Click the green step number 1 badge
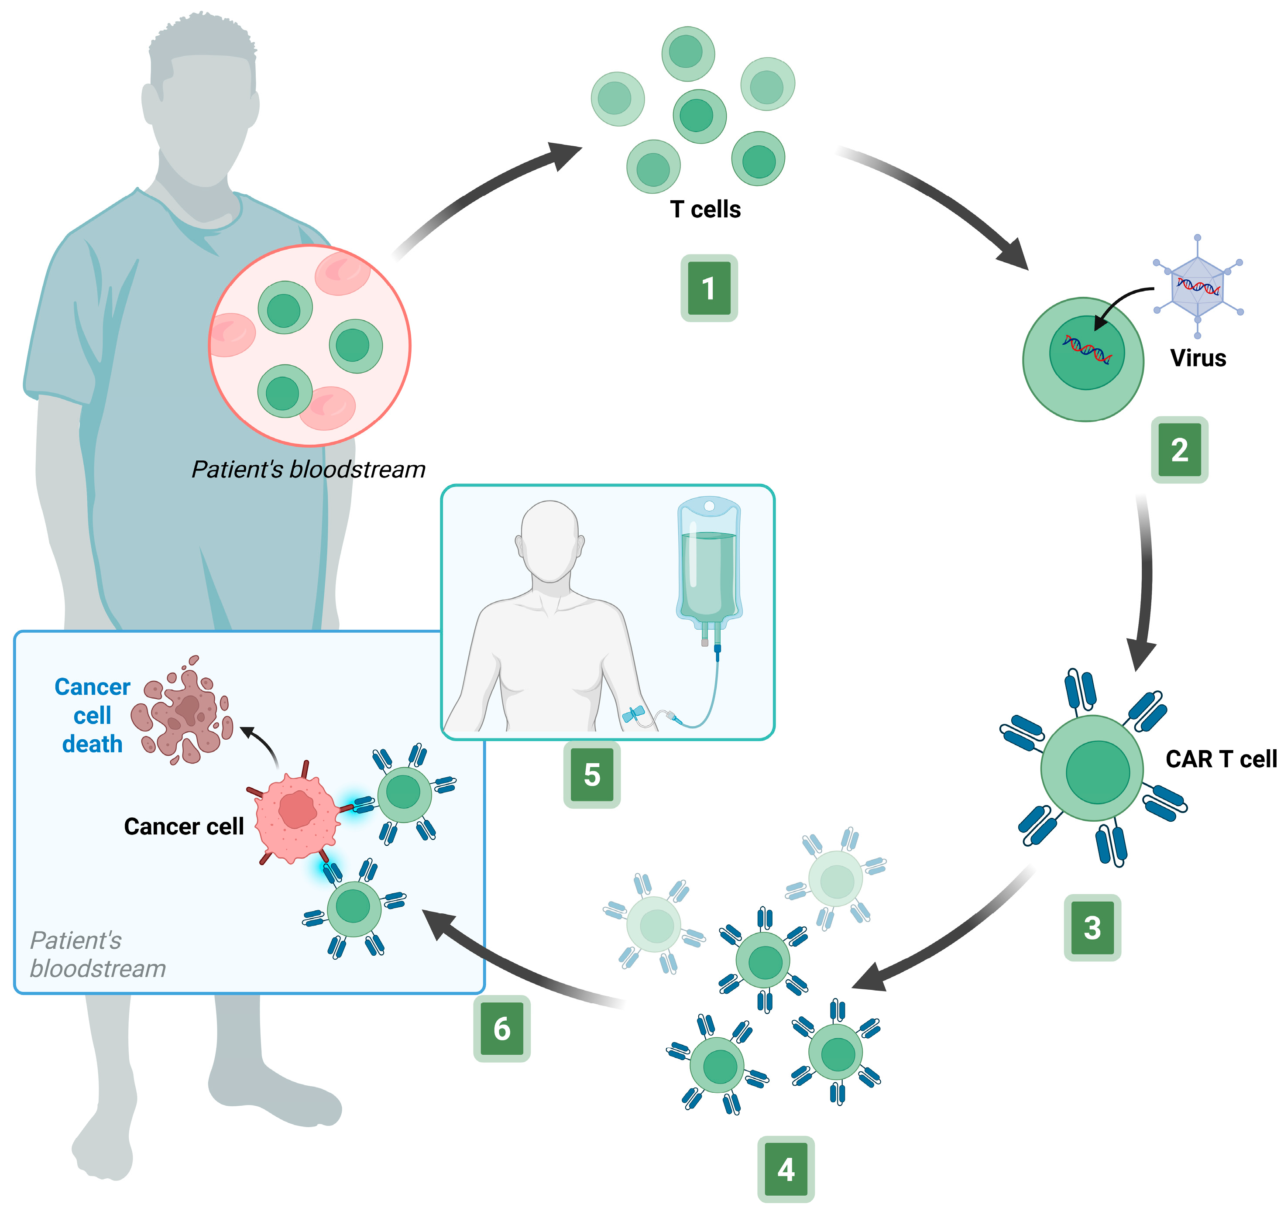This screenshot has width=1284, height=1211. pyautogui.click(x=708, y=288)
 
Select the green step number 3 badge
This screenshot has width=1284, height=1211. pyautogui.click(x=1092, y=927)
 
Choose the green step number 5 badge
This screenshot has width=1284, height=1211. pyautogui.click(x=592, y=775)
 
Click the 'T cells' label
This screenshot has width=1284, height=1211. pyautogui.click(x=705, y=209)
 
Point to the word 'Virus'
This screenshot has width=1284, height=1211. pyautogui.click(x=1198, y=358)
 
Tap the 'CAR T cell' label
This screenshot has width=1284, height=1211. pyautogui.click(x=1221, y=759)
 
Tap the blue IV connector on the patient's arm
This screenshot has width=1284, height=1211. pyautogui.click(x=632, y=714)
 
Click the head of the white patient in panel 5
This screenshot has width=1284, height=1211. pyautogui.click(x=549, y=541)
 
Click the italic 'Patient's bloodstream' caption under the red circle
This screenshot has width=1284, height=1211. pyautogui.click(x=308, y=470)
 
